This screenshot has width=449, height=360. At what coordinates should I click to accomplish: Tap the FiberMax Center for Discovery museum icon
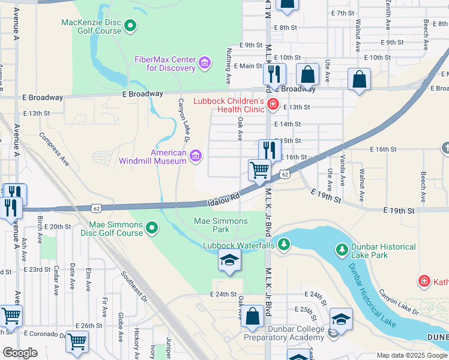205,62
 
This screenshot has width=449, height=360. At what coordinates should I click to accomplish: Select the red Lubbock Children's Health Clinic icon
273,105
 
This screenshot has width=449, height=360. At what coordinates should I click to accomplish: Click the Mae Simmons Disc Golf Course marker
152,227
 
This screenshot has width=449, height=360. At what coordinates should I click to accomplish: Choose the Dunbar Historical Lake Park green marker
342,248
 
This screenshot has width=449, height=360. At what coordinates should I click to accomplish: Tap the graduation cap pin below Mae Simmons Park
229,261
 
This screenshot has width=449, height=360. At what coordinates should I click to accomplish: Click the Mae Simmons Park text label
221,225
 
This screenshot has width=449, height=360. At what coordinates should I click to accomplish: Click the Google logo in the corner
20,353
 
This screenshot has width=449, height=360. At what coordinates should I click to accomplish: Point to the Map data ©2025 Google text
411,355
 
